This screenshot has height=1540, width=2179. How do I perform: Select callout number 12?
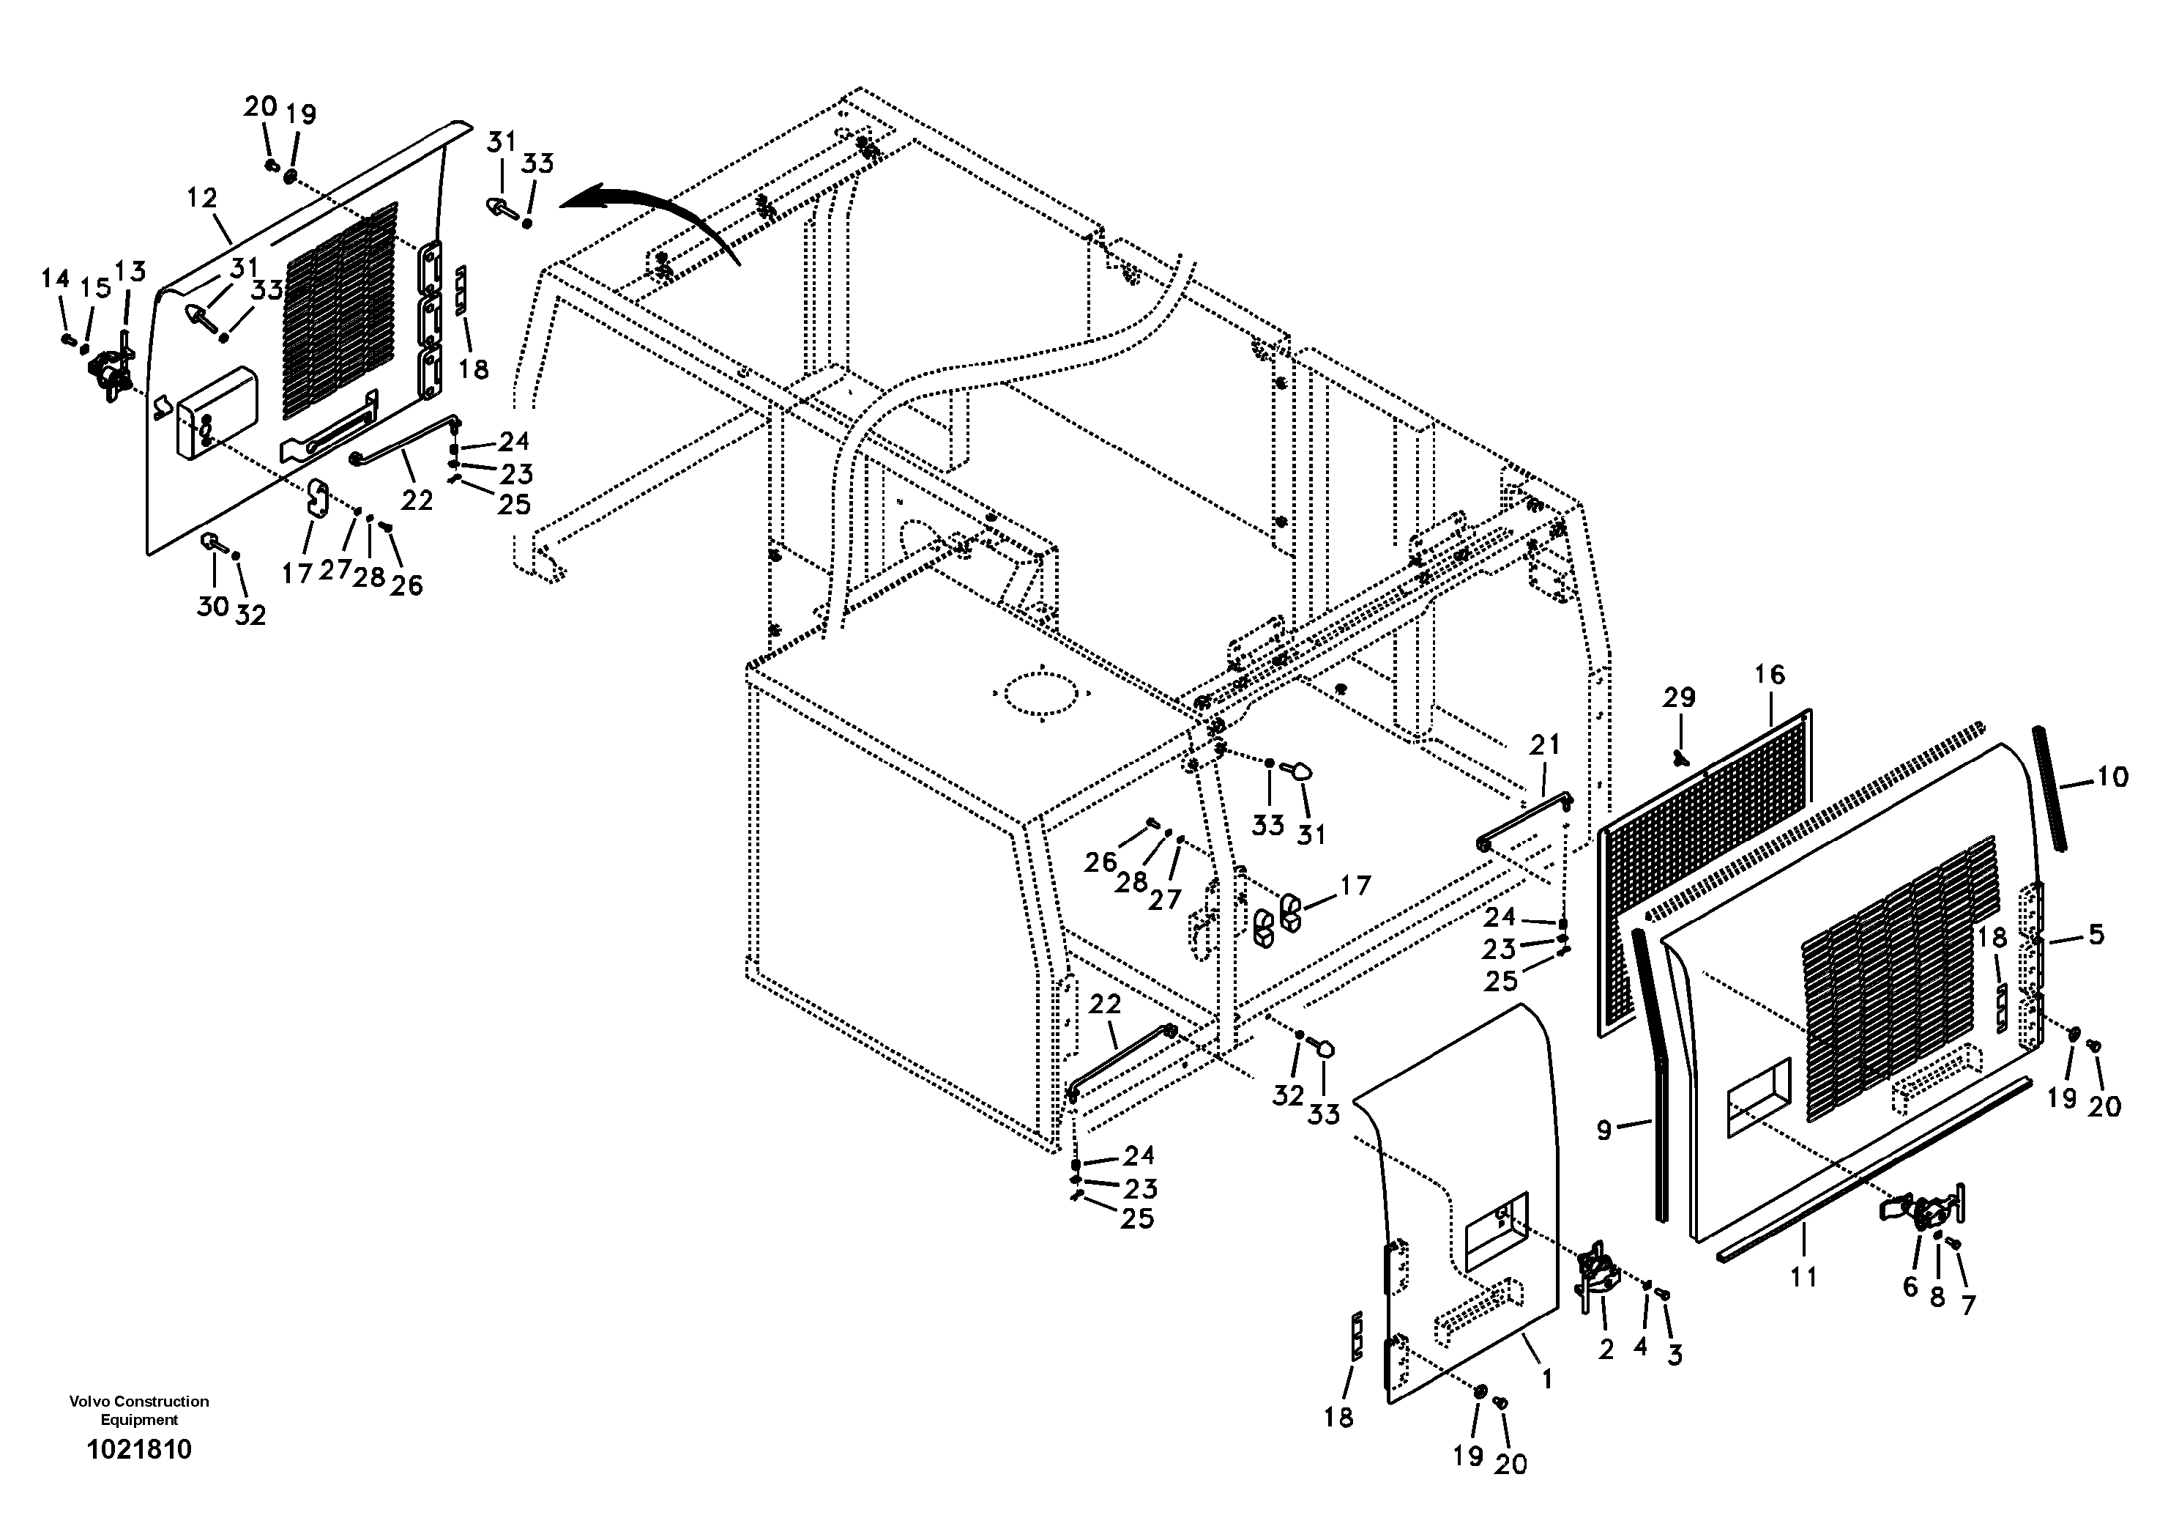[202, 198]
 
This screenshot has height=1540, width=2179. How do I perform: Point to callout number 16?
[1769, 674]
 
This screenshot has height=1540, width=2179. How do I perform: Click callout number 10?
[2112, 777]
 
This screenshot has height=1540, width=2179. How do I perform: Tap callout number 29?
[1678, 698]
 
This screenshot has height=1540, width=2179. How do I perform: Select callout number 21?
[1544, 744]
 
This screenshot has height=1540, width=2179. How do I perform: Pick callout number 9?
[1604, 1130]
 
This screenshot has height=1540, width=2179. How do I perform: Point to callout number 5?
[2096, 934]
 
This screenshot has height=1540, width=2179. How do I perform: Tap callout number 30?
[212, 605]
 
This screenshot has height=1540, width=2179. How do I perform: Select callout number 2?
[1606, 1348]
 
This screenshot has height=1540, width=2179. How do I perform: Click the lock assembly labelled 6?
[1922, 1216]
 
